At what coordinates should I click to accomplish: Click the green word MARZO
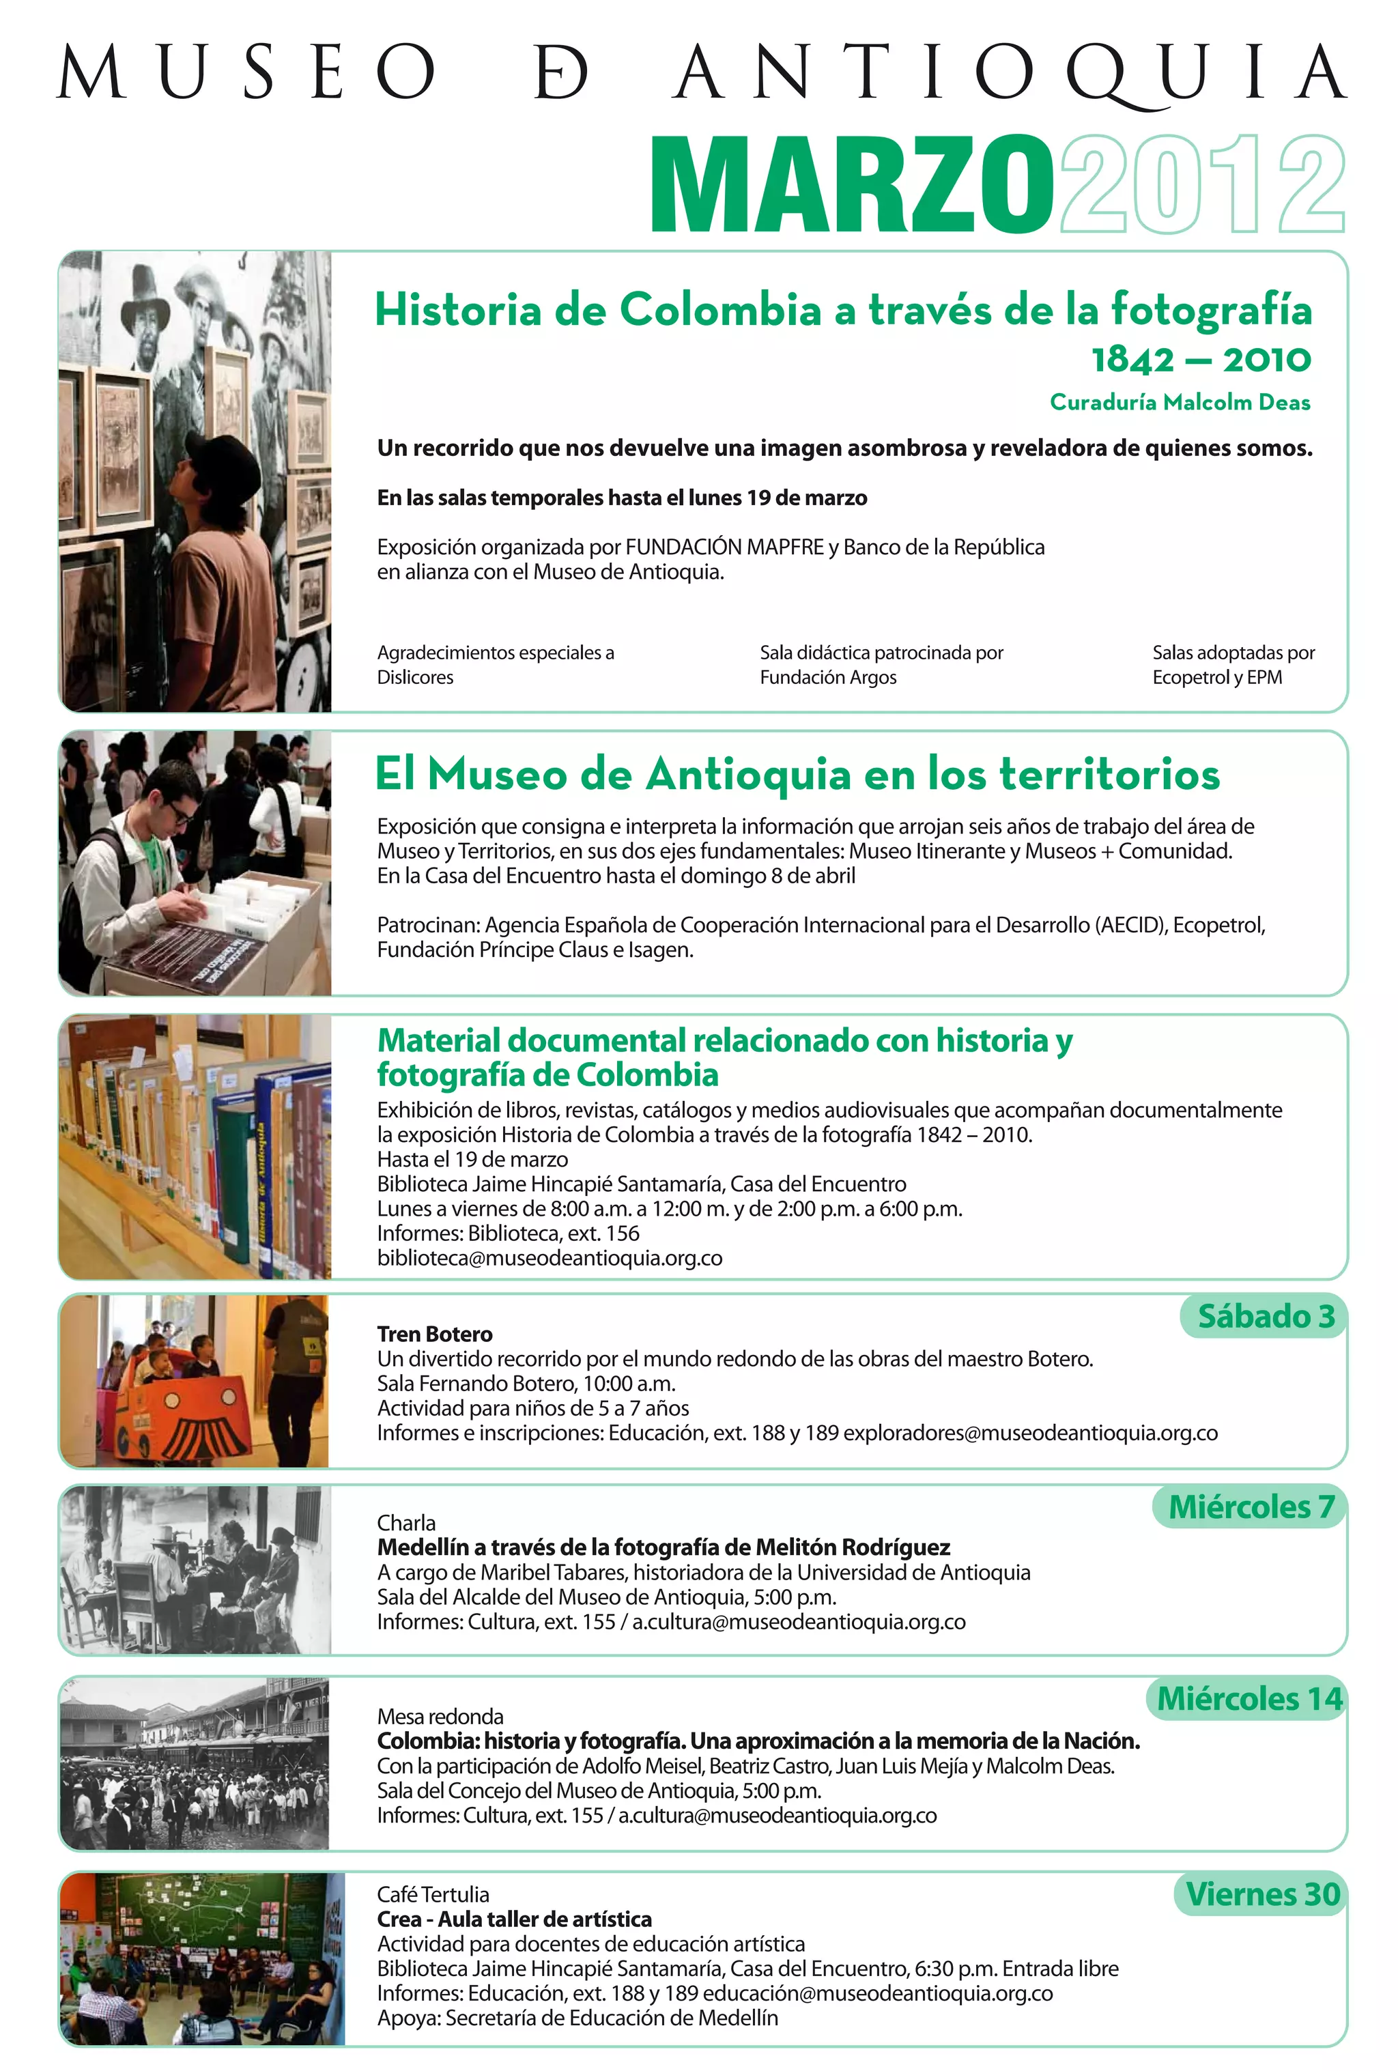tap(852, 186)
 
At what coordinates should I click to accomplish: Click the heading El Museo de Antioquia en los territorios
tap(797, 773)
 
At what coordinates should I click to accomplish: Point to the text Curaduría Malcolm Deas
tap(1179, 403)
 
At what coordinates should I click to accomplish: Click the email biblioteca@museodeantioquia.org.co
tap(549, 1258)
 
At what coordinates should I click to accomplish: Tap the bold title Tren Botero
tap(434, 1334)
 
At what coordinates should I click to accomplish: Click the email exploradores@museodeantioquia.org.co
tap(1030, 1433)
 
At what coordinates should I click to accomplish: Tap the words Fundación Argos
tap(828, 677)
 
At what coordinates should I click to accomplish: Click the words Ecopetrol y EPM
tap(1216, 677)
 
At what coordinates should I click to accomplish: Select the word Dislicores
tap(414, 677)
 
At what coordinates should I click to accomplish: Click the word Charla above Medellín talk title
tap(405, 1523)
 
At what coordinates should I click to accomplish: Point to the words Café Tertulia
tap(432, 1895)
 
